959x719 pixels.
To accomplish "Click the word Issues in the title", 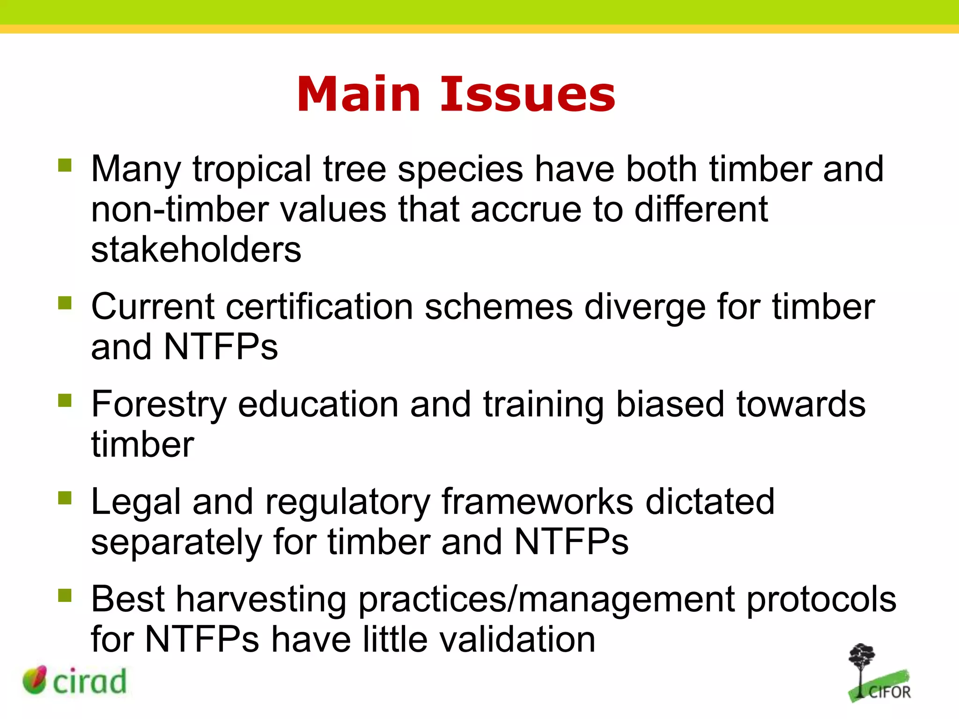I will point(528,95).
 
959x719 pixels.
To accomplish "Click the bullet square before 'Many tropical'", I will point(65,165).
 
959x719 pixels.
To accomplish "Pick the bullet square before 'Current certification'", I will point(65,303).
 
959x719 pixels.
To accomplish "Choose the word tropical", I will point(252,169).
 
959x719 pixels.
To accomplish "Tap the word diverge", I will point(644,308).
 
